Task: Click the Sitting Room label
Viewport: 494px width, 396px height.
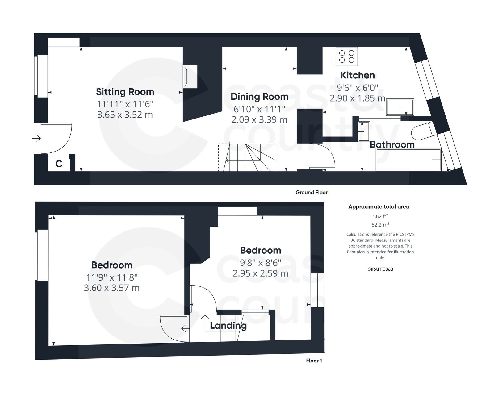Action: point(125,92)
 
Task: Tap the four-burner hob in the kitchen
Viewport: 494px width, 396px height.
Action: point(347,56)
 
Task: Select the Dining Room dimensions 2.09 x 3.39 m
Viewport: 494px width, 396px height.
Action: point(259,119)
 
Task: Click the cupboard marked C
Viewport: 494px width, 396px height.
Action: point(59,164)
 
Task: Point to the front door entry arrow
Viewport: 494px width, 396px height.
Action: point(36,138)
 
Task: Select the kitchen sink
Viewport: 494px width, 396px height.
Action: point(400,107)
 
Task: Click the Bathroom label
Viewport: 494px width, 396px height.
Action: point(392,144)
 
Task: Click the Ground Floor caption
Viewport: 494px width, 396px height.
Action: point(311,192)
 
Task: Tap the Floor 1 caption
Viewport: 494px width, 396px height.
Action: point(314,361)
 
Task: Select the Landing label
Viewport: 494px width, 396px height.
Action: point(228,325)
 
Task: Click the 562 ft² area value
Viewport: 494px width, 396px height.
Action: point(380,216)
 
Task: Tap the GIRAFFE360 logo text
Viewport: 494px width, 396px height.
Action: point(380,269)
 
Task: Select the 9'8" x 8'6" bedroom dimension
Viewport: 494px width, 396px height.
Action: point(260,263)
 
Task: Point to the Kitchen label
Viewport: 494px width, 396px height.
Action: point(357,75)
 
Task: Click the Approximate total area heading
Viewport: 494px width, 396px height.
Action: point(379,207)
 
